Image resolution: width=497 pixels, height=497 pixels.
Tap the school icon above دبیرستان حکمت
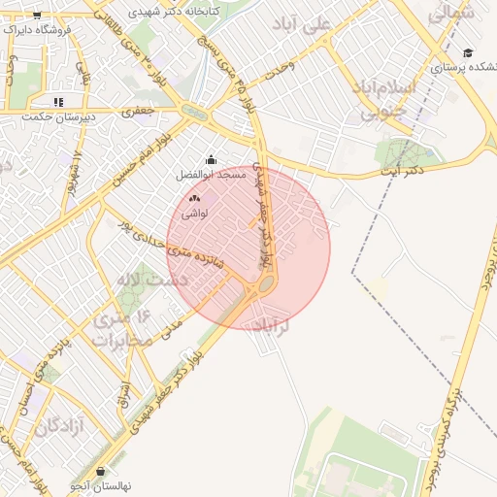pos(58,101)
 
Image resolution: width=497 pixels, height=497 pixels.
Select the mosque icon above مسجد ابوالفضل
pos(212,160)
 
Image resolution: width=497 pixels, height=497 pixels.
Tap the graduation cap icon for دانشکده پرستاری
pos(468,53)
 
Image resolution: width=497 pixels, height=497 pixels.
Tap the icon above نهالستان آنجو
pos(100,471)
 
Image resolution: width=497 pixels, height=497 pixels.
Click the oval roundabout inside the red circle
pos(263,287)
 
